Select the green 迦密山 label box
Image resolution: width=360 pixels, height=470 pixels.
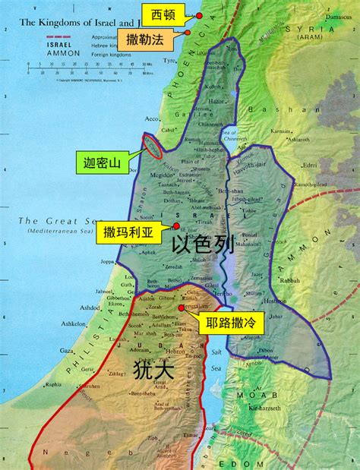(103, 162)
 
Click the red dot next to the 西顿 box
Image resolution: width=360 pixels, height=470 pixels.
(198, 15)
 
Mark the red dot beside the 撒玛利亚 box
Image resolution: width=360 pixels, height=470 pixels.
(176, 226)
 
